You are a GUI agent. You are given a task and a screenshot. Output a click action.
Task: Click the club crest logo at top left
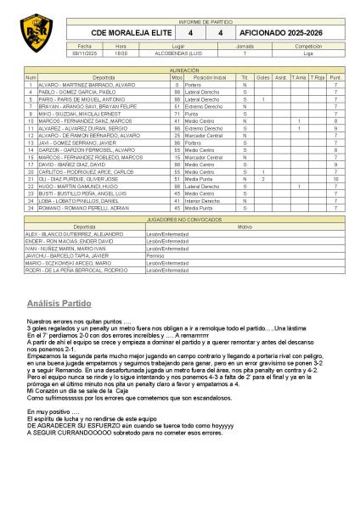click(37, 33)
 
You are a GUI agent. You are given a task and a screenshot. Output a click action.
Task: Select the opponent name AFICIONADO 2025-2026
click(283, 32)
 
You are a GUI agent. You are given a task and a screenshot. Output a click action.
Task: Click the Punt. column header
click(335, 77)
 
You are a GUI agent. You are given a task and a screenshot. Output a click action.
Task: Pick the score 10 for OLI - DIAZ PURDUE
click(335, 179)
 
